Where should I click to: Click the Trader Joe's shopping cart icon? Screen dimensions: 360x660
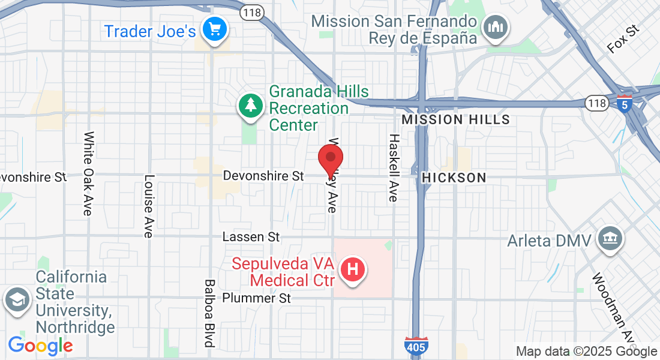click(214, 28)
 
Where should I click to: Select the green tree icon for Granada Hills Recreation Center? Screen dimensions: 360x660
click(251, 106)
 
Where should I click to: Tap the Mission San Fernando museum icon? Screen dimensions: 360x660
click(496, 26)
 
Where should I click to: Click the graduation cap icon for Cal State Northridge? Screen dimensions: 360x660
click(16, 301)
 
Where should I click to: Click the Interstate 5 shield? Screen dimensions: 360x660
click(625, 104)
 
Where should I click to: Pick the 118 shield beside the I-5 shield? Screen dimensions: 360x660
click(596, 104)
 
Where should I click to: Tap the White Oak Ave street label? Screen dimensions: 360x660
click(88, 174)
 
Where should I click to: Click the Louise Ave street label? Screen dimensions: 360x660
click(148, 206)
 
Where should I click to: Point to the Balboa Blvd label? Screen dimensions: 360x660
click(209, 313)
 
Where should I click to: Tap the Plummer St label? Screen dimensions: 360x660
click(256, 298)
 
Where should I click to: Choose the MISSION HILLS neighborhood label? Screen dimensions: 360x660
click(455, 119)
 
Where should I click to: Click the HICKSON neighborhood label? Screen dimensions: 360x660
click(454, 178)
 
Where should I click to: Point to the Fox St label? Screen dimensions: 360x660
click(623, 40)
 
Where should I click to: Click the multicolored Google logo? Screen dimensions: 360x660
click(40, 346)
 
